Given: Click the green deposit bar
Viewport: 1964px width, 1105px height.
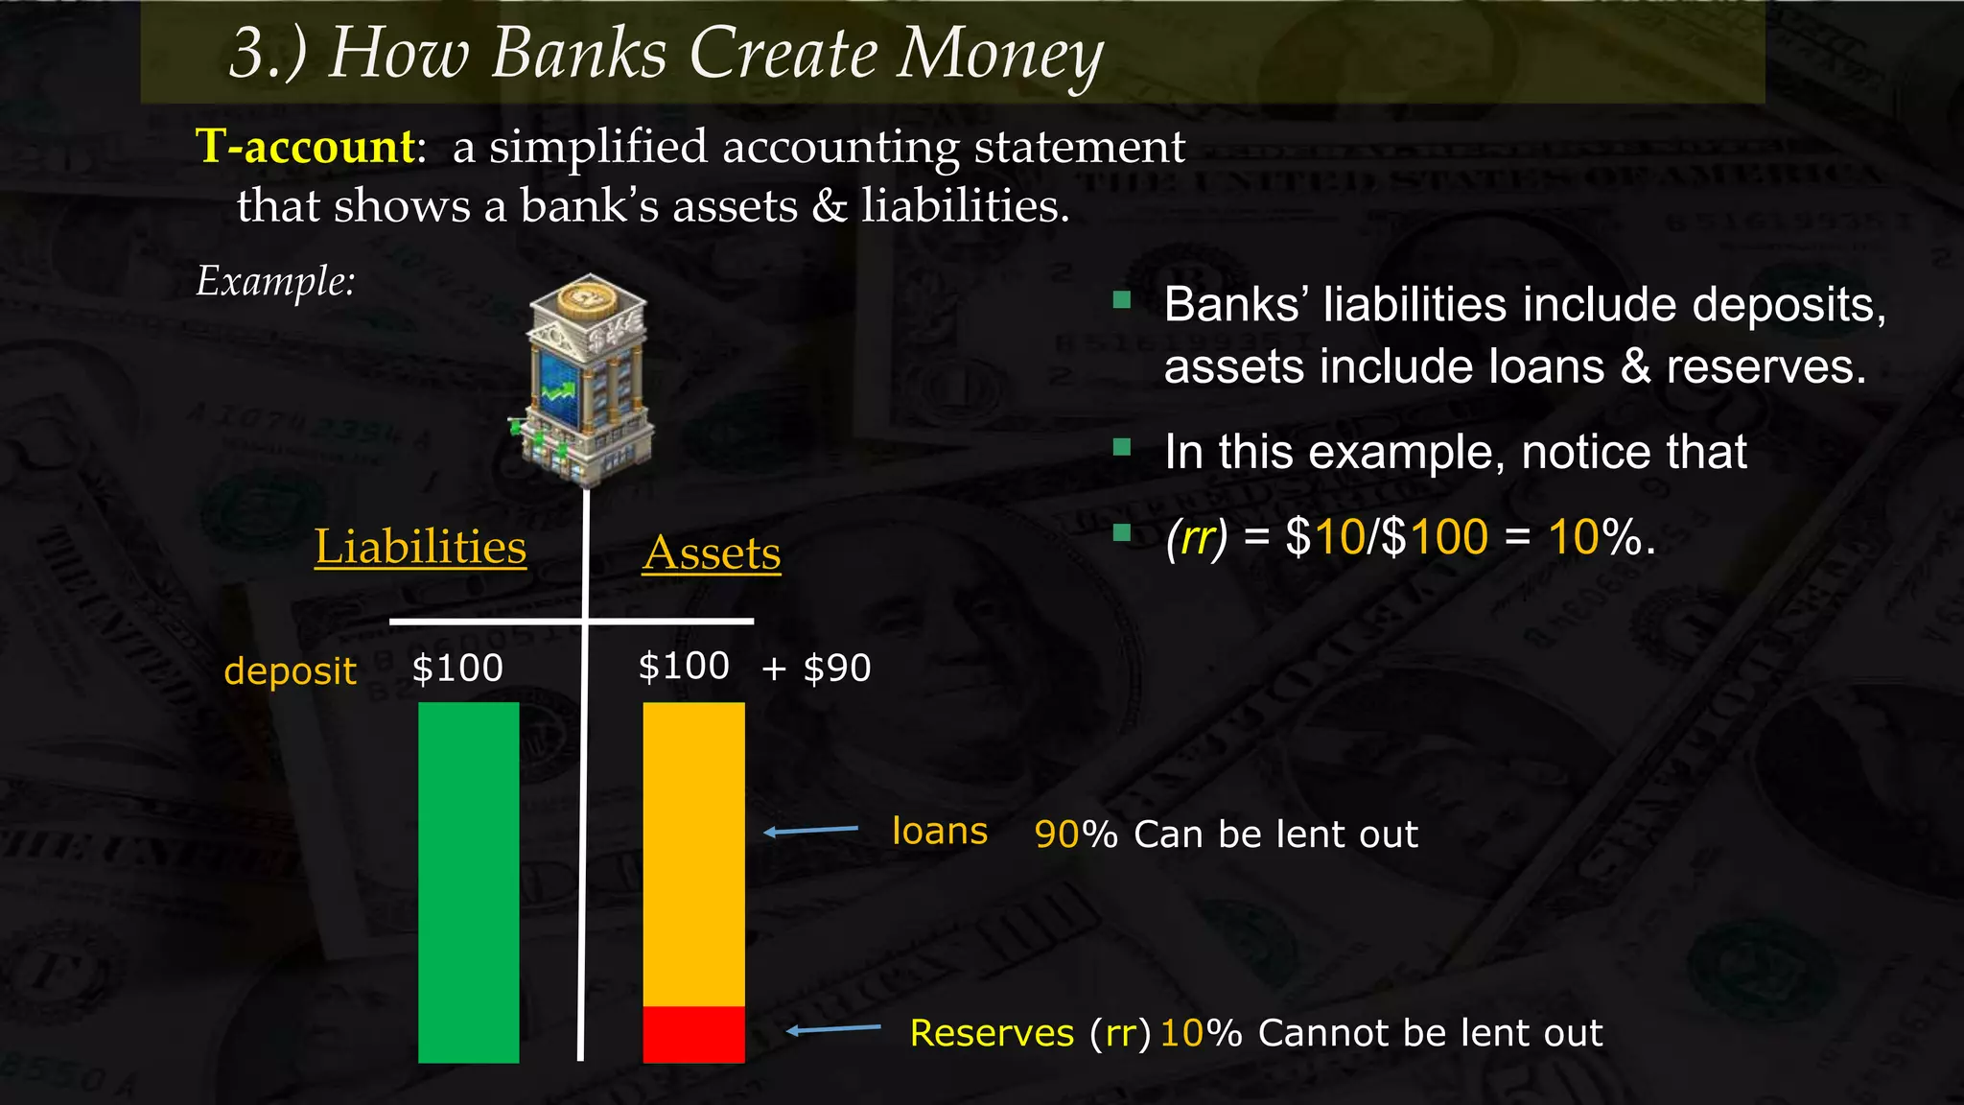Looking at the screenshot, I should tap(468, 882).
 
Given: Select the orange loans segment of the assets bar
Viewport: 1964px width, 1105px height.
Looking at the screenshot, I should tap(693, 854).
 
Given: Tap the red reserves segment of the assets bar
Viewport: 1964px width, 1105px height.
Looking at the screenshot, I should tap(693, 1034).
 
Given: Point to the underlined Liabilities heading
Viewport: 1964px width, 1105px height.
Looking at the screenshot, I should tap(420, 548).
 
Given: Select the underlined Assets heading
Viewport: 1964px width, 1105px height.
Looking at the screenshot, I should tap(712, 553).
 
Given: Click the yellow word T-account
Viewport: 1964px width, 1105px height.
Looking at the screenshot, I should tap(306, 147).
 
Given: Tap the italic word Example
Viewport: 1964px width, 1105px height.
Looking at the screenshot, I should tap(275, 281).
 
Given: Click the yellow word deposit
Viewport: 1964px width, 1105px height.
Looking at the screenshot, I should tap(290, 670).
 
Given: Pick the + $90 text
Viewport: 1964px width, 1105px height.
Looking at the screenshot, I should tap(816, 669).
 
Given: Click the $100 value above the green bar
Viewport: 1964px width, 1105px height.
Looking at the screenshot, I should tap(457, 669).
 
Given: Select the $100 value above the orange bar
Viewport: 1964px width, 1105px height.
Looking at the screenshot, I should tap(684, 667).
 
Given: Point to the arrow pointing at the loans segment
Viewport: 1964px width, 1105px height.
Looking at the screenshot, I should tap(811, 831).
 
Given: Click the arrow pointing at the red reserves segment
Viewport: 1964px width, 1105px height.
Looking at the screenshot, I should tap(833, 1030).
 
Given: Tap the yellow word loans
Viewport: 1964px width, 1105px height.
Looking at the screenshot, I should tap(939, 832).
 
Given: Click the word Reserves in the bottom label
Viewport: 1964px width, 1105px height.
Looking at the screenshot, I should tap(992, 1033).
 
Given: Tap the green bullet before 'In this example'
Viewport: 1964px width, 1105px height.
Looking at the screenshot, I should tap(1122, 447).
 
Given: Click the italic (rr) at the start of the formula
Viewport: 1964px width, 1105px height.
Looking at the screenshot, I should tap(1196, 537).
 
